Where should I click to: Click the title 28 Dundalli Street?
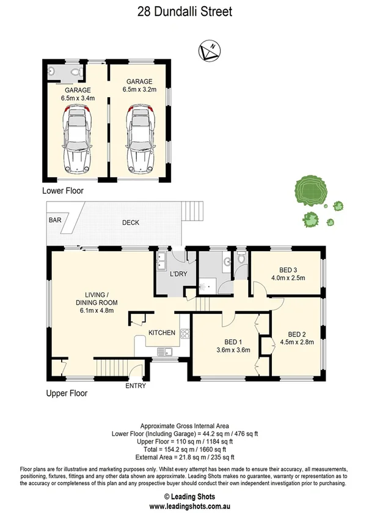184,11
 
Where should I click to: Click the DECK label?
130,223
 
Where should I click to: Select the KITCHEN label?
161,333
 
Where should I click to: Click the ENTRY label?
136,386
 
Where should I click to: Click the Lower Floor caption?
63,191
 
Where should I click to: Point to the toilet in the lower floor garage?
75,73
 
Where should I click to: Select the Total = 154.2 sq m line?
183,450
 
